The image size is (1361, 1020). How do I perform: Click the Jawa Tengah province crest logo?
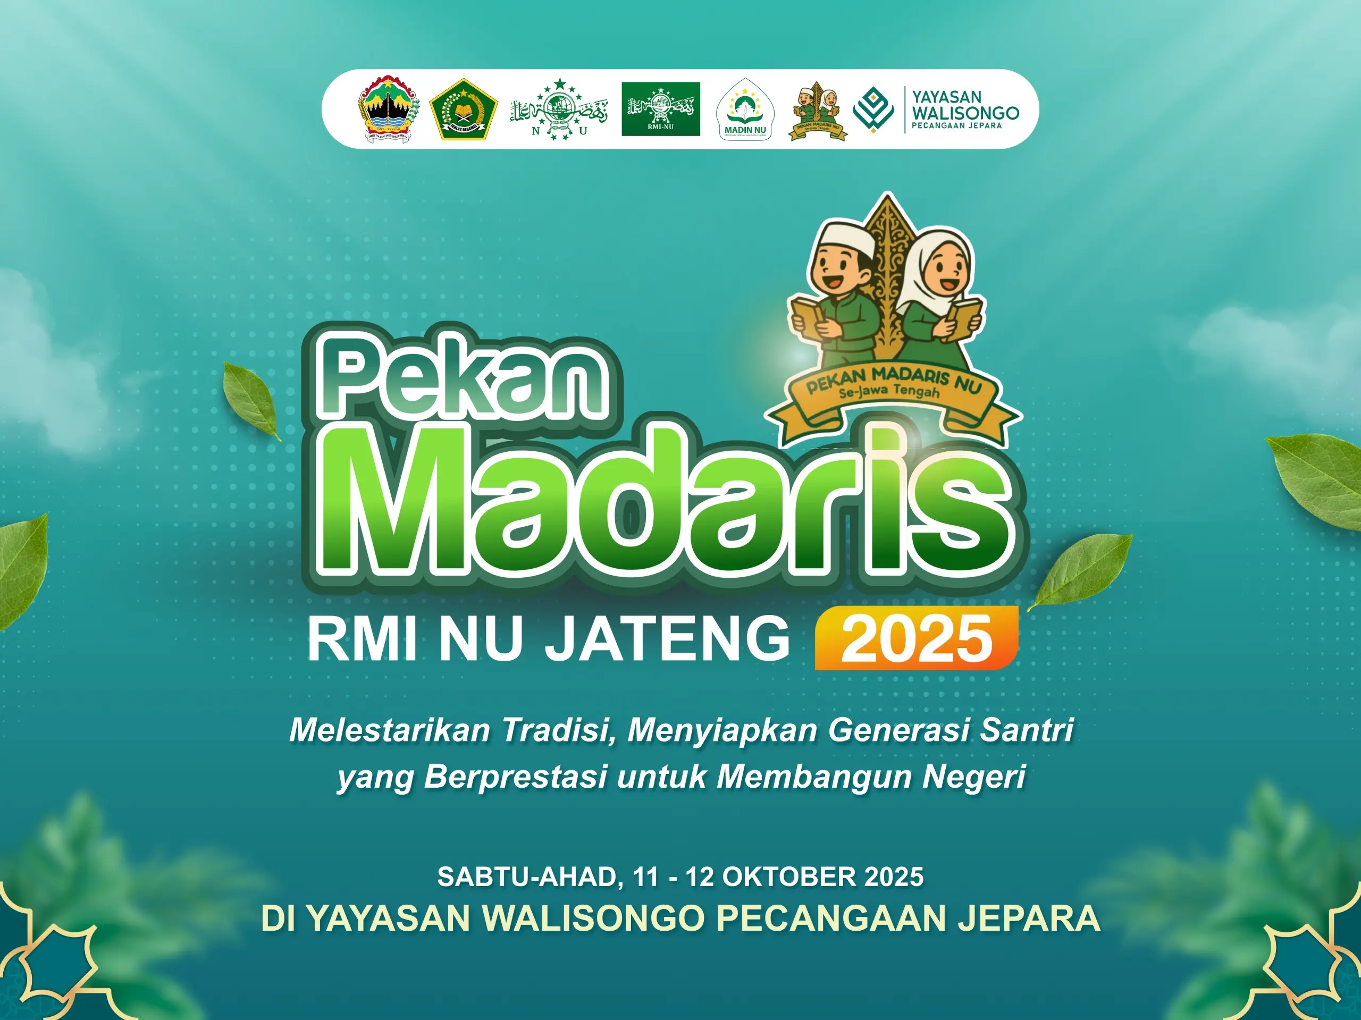tap(388, 109)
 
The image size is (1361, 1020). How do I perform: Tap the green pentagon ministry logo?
tap(463, 109)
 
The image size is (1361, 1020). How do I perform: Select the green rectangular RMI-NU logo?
tap(660, 108)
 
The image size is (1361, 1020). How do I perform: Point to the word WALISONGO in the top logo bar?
tap(965, 113)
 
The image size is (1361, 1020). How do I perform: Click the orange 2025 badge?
tap(916, 638)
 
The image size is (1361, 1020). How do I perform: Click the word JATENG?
tap(668, 640)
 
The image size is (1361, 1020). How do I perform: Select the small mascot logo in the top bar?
tap(818, 111)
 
